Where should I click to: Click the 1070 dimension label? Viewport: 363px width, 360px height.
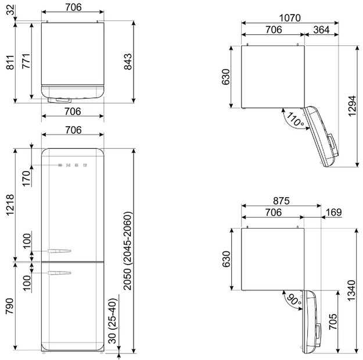[x=290, y=18]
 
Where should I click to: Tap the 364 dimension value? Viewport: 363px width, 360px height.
[x=321, y=30]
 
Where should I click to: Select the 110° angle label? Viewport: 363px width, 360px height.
[x=295, y=119]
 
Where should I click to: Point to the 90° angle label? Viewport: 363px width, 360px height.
[x=294, y=300]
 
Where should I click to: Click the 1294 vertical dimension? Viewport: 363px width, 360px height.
[x=351, y=106]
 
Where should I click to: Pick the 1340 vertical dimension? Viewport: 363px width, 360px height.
[x=351, y=290]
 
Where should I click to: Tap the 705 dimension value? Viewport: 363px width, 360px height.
[x=333, y=322]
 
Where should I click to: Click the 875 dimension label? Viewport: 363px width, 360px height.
[x=281, y=201]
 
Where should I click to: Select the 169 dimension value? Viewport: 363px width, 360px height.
[x=333, y=212]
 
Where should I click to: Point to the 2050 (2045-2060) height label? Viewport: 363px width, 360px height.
[x=128, y=251]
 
